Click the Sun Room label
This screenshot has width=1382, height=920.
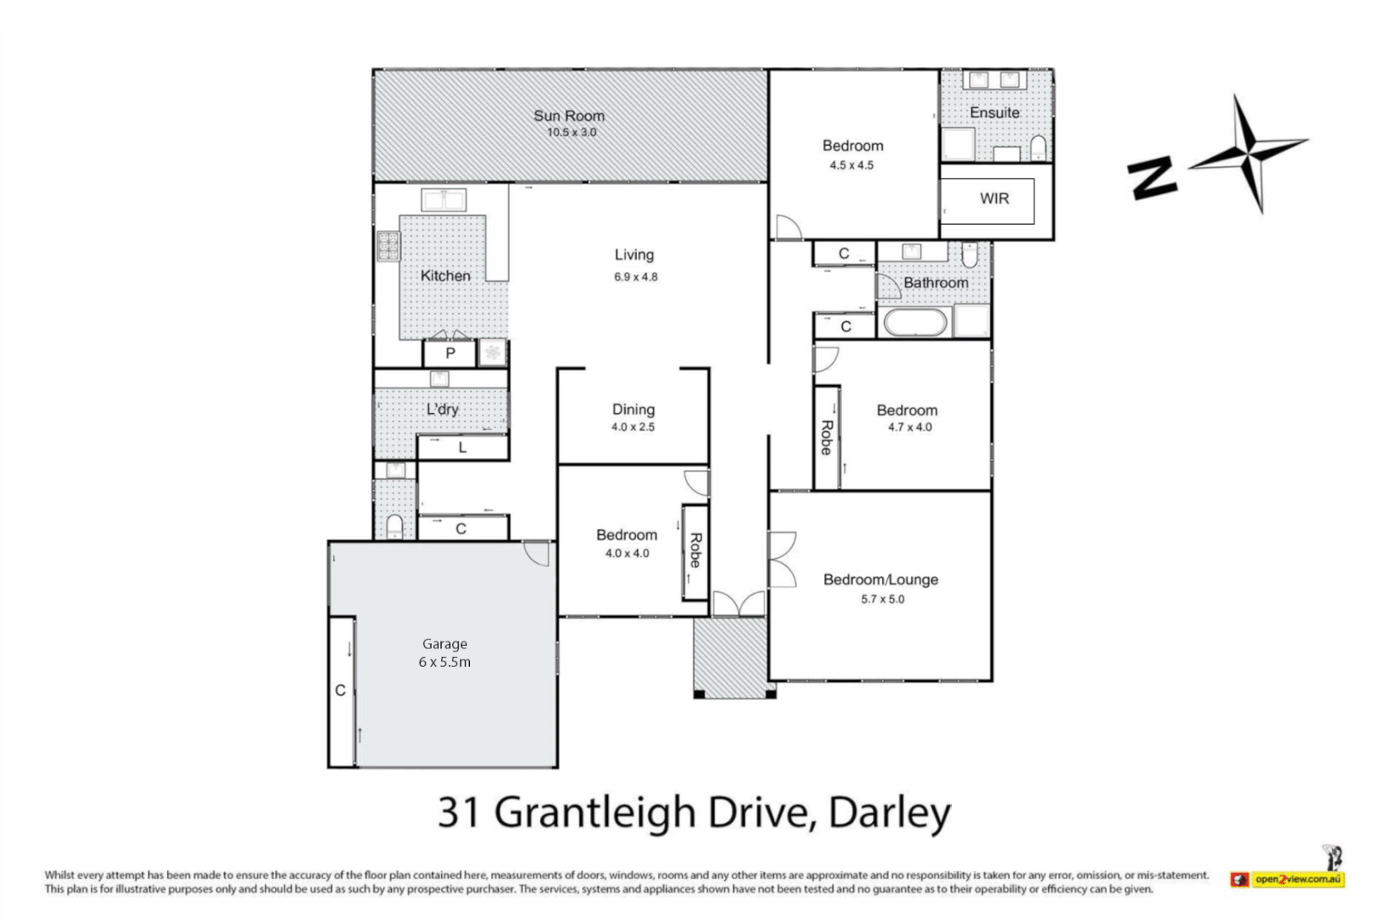569,116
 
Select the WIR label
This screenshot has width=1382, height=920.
994,198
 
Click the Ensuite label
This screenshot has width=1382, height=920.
995,112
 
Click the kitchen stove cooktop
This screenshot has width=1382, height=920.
388,245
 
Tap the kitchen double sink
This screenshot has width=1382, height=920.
444,200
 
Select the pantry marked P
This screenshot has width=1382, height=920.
450,353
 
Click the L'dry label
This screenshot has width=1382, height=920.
443,410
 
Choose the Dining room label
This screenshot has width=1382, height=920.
634,410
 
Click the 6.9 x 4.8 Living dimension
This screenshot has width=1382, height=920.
636,277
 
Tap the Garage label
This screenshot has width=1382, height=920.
444,644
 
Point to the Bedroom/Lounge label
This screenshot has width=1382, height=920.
880,580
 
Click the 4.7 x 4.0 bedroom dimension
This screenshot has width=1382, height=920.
910,428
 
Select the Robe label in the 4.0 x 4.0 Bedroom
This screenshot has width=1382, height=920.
696,550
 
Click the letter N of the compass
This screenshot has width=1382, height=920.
1152,178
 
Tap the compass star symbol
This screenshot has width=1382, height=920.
1247,152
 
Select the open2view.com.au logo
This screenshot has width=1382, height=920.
1288,879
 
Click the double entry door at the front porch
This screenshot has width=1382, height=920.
738,603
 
